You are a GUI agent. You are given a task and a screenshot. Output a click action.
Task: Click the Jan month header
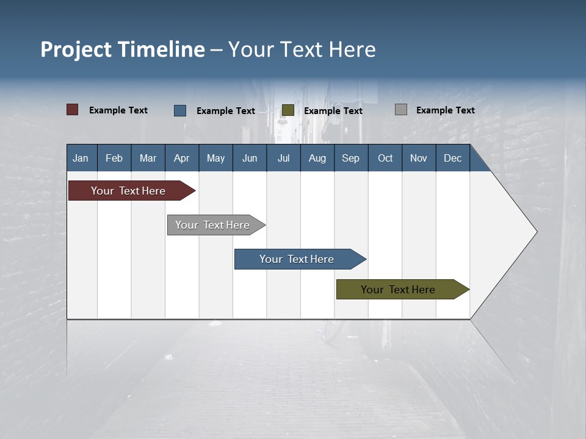[81, 158]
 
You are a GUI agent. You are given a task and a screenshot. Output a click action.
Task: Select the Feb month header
[114, 158]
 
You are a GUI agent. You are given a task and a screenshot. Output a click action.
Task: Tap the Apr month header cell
[182, 158]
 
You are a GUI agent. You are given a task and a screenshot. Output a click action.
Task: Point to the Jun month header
[250, 158]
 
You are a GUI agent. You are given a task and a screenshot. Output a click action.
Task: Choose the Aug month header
[317, 158]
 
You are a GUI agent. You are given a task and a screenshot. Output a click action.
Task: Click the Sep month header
[351, 158]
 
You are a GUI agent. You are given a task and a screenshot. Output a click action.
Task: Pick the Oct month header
[385, 158]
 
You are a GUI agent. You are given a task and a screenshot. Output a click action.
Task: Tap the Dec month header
[453, 158]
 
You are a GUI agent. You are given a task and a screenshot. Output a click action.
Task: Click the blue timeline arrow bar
[297, 259]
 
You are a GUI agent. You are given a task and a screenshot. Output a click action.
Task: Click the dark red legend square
[73, 110]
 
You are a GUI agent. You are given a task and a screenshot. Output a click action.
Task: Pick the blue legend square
[180, 110]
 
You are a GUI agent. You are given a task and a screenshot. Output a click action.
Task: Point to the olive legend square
[288, 110]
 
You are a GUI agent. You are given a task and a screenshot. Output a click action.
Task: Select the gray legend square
[401, 110]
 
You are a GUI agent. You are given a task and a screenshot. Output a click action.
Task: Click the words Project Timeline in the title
[123, 49]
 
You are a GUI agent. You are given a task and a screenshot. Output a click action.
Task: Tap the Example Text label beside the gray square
[446, 110]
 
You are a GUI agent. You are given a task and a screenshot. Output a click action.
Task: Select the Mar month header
[148, 158]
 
